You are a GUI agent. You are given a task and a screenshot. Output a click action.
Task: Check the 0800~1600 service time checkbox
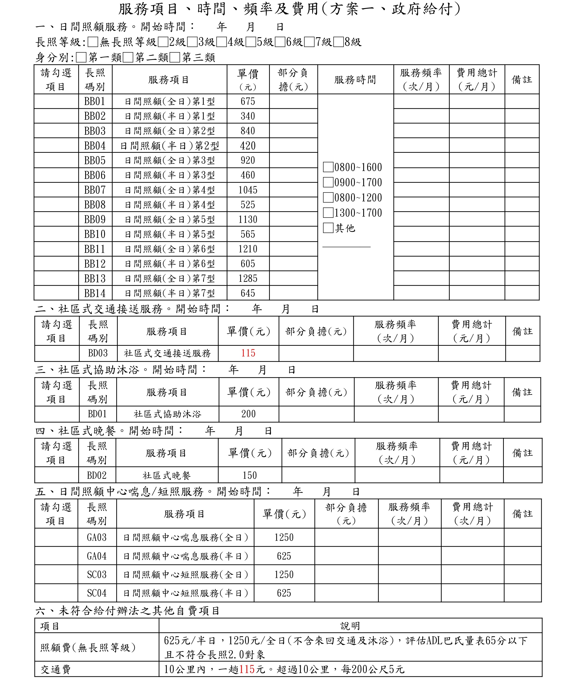click(328, 167)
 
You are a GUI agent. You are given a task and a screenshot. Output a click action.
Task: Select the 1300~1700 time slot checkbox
click(328, 213)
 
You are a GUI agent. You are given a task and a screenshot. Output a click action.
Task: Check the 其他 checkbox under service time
click(328, 228)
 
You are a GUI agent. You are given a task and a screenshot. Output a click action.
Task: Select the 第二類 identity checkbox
click(128, 58)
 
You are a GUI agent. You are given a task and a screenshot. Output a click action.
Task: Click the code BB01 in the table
click(95, 101)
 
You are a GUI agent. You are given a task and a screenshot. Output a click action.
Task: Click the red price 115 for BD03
click(248, 353)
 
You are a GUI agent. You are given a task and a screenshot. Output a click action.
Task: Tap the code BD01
click(97, 414)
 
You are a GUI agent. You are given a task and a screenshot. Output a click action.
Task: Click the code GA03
click(97, 537)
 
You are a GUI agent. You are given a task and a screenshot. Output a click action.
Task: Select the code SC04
click(97, 593)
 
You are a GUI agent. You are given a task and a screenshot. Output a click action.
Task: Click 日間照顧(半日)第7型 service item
click(169, 293)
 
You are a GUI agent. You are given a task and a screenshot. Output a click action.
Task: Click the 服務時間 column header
click(355, 80)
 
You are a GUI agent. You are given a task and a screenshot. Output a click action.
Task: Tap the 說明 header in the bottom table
click(350, 626)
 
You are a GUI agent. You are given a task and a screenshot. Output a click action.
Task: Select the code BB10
click(95, 234)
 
